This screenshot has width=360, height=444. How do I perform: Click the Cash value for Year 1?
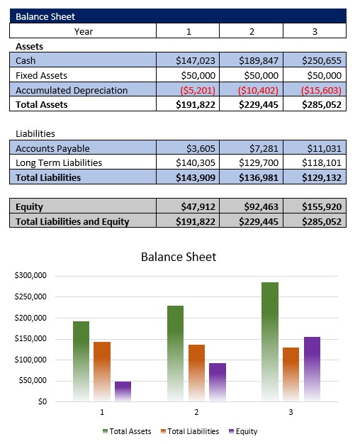tap(195, 60)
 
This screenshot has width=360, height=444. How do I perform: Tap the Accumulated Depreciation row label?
tap(72, 90)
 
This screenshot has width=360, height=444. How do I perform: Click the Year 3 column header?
tap(315, 30)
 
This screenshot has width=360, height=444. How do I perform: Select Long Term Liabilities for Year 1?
tap(195, 163)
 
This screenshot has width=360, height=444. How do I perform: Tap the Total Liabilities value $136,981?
tap(259, 177)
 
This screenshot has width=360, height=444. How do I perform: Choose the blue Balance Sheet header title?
tap(45, 16)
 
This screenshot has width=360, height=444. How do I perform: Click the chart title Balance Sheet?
tap(179, 257)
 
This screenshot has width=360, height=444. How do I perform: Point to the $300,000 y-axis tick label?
tap(30, 275)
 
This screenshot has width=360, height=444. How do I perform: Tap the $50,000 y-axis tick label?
tap(33, 381)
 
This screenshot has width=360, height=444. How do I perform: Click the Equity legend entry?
tap(243, 431)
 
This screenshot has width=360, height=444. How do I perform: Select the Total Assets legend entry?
tap(128, 431)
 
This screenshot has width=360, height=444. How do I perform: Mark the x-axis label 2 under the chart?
tap(196, 412)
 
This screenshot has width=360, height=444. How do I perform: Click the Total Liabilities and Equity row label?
tap(72, 221)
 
